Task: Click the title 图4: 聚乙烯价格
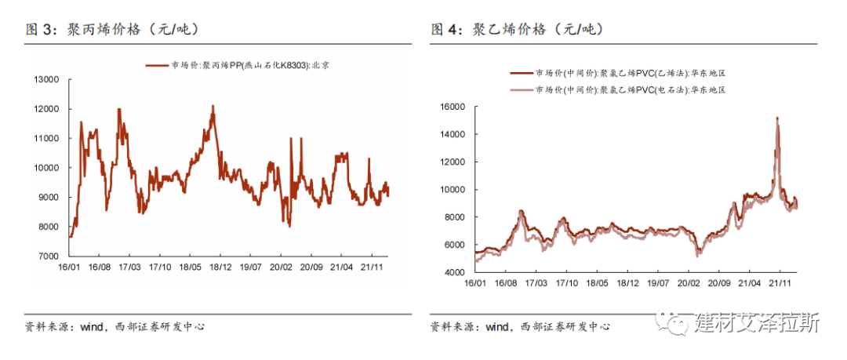point(517,30)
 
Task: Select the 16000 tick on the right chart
point(453,107)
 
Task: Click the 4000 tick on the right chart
point(455,272)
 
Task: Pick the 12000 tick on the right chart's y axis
point(453,162)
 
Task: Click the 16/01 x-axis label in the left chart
point(69,267)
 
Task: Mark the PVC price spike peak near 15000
point(776,118)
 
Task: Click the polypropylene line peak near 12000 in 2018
point(213,106)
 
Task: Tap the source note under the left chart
point(115,326)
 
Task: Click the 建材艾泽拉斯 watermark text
point(756,322)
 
